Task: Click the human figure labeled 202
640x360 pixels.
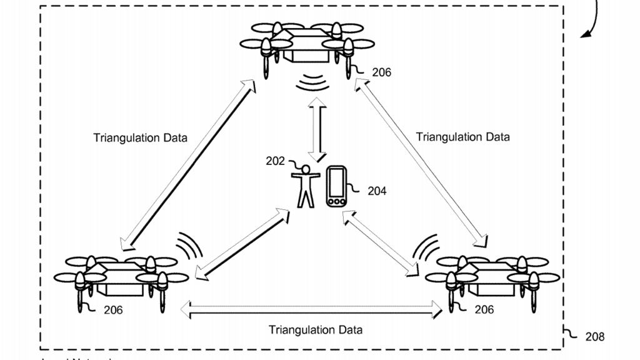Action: pos(305,186)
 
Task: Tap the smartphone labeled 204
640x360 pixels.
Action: pos(336,186)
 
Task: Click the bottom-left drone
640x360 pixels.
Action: pos(119,277)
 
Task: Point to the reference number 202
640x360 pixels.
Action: pos(274,161)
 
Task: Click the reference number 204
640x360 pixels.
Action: pos(376,191)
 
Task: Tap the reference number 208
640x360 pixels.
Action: pos(594,337)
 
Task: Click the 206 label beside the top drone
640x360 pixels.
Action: pos(381,72)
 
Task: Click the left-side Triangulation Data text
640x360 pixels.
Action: pos(140,137)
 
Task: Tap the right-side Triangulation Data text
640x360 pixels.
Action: pos(462,136)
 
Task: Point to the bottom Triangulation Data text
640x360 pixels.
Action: pos(316,329)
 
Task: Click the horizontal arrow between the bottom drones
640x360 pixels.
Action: pos(311,307)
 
